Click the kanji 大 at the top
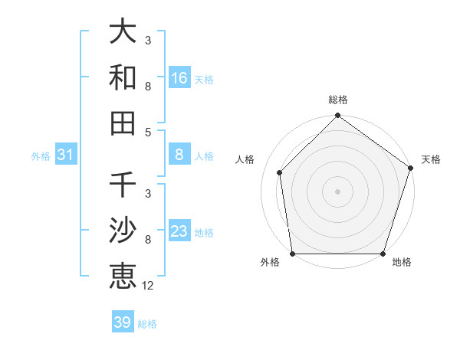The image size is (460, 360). (123, 33)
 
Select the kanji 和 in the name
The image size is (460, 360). (123, 77)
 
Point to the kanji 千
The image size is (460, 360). (123, 186)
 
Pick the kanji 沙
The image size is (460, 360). (123, 231)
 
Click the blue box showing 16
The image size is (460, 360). (179, 77)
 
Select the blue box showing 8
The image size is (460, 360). (179, 155)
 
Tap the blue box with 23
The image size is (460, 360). (179, 231)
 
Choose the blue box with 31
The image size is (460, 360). (66, 155)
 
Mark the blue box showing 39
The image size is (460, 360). (123, 322)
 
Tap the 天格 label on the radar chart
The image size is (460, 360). (431, 159)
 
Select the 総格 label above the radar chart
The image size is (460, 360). (337, 100)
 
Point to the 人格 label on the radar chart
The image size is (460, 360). (245, 159)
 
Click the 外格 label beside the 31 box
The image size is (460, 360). (41, 156)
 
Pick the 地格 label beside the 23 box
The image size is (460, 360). (204, 233)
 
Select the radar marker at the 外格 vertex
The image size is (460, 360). (293, 253)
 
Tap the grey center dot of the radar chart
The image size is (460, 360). (337, 191)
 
